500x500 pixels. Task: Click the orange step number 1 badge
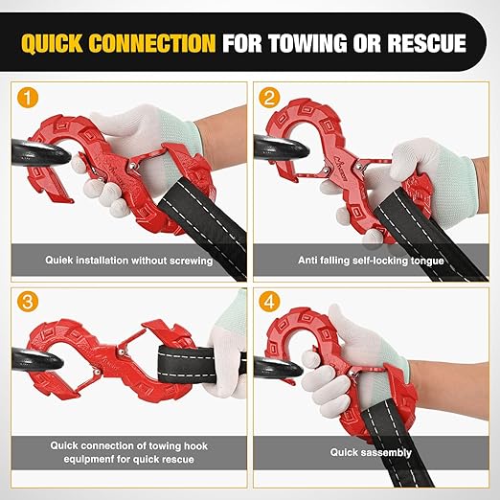[31, 98]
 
